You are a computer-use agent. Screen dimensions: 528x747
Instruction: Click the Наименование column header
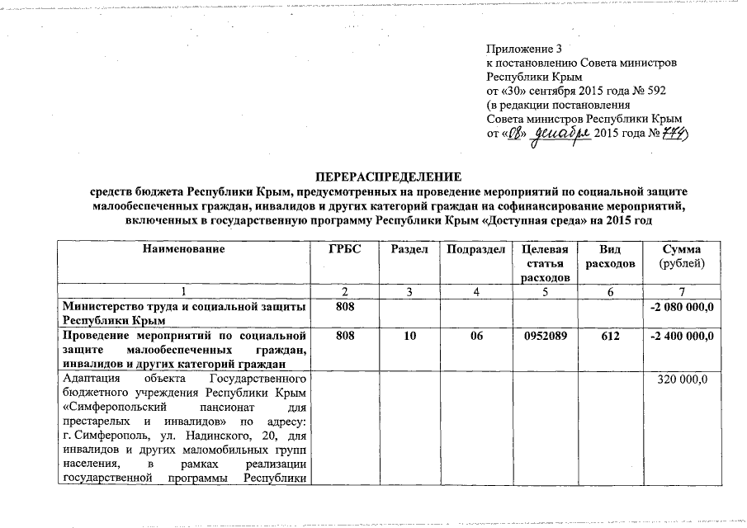[x=182, y=249]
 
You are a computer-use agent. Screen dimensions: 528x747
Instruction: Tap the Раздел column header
[x=409, y=249]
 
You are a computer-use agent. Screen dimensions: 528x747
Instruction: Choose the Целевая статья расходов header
[x=541, y=263]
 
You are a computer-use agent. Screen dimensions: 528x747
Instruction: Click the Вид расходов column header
[x=610, y=256]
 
